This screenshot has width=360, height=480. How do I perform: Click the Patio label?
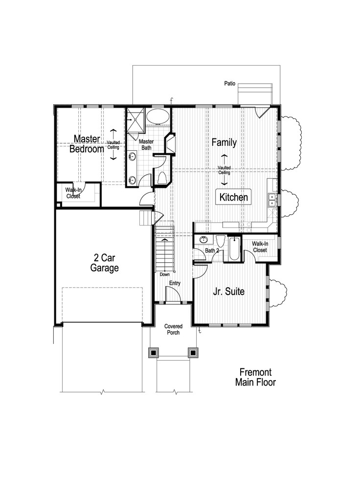[230, 84]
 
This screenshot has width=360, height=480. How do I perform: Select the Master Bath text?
[147, 144]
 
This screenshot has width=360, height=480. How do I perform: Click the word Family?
[224, 142]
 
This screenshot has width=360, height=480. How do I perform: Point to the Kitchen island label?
[234, 198]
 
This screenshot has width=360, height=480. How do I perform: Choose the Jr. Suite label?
[228, 292]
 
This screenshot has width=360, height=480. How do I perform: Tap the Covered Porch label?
[173, 329]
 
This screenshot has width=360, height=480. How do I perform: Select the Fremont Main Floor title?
[255, 377]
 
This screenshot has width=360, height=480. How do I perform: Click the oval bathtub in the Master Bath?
[158, 117]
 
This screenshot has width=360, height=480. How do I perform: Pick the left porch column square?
[153, 352]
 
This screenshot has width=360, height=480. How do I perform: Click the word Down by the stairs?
[165, 274]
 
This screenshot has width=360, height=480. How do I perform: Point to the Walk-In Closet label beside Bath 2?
[259, 247]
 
